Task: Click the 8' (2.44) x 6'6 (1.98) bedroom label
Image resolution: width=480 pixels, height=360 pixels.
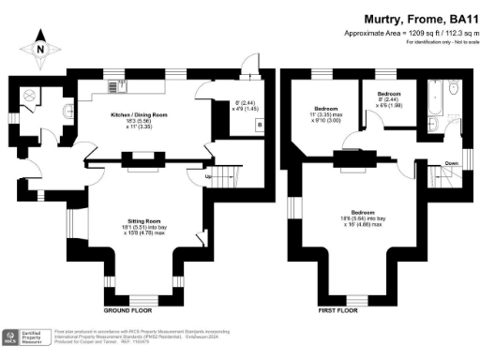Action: (389, 100)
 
